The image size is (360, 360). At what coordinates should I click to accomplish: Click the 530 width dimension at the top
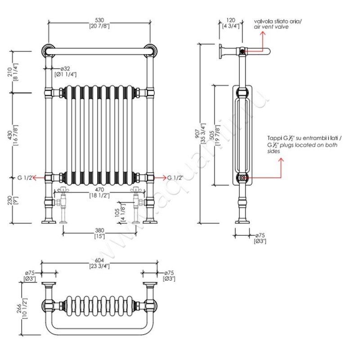pos(100,20)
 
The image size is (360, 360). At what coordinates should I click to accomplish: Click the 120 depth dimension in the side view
pos(231,20)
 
